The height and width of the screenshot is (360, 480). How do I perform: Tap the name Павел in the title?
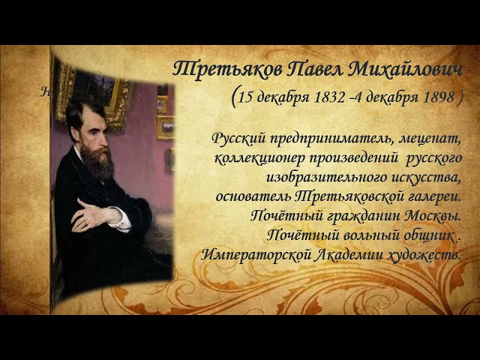[x=317, y=69]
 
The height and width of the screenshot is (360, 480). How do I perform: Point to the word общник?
[x=427, y=235]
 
